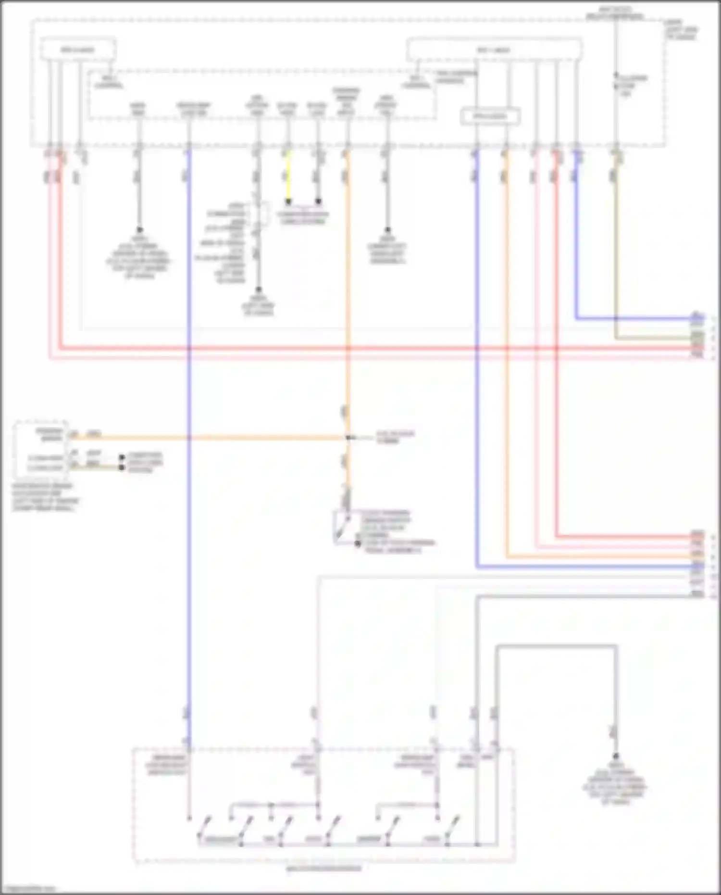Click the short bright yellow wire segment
coord(288,178)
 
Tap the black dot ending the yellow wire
coord(288,202)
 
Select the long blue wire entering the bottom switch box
coord(189,481)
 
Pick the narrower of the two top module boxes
coord(77,50)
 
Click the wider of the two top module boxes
coord(494,50)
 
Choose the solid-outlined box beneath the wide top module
coord(490,117)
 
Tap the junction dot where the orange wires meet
coord(348,438)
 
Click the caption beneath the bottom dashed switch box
coord(323,869)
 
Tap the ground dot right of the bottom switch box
coord(616,756)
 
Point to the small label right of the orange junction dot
coord(395,437)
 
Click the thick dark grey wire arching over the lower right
coord(553,646)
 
